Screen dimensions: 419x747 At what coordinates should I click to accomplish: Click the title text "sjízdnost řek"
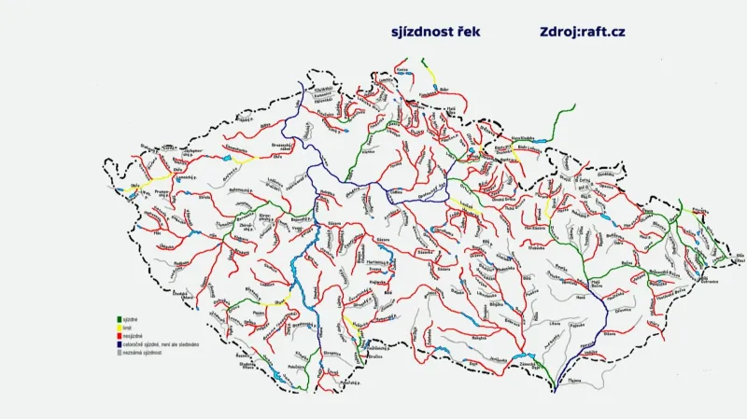[436, 32]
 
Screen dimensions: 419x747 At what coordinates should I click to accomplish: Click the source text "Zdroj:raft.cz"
[582, 32]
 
